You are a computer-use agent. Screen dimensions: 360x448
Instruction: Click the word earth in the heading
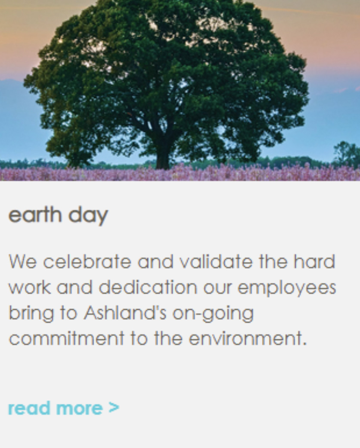pos(35,215)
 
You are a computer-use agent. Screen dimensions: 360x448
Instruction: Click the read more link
pos(63,408)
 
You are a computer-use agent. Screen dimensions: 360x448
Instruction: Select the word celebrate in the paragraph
pos(87,261)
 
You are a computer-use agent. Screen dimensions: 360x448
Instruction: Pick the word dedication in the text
pos(148,287)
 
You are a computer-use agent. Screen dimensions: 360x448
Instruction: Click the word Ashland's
pos(125,313)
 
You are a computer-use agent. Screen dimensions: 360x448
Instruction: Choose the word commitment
pos(67,338)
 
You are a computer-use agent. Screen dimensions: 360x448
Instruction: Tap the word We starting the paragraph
pos(22,261)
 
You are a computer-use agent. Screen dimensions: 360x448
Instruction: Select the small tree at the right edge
pos(347,154)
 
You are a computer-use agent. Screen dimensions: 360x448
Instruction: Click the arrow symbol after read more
pos(114,408)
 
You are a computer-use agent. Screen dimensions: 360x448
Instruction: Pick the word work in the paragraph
pos(30,287)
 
